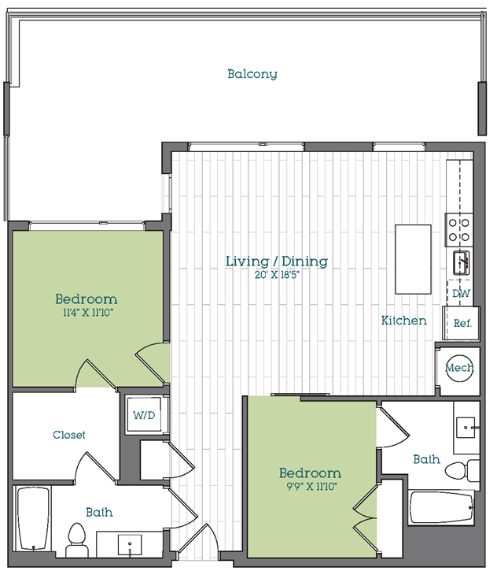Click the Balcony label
point(252,74)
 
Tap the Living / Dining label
point(276,261)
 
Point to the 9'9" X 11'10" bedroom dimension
point(310,487)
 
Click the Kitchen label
point(404,321)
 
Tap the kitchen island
point(413,259)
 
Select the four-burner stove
point(458,229)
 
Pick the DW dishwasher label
point(462,293)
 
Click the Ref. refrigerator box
point(462,322)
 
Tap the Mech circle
point(459,369)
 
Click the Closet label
point(69,435)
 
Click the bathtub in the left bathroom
point(32,520)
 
